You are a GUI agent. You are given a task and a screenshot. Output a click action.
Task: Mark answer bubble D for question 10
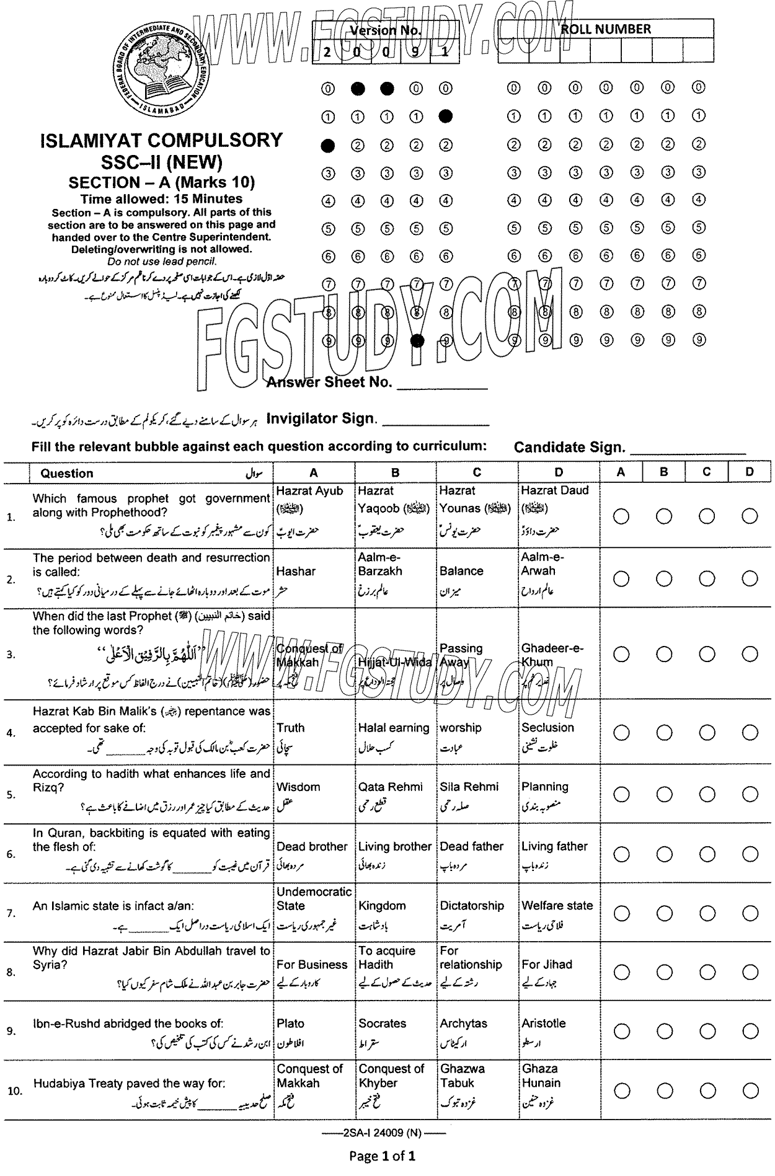pyautogui.click(x=750, y=1090)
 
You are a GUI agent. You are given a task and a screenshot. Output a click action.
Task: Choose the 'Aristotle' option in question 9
pyautogui.click(x=543, y=1023)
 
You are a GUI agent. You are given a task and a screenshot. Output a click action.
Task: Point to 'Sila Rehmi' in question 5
pyautogui.click(x=469, y=787)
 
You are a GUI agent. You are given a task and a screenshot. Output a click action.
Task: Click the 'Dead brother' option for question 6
pyautogui.click(x=312, y=846)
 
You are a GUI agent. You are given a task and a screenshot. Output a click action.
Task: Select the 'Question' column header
pyautogui.click(x=67, y=474)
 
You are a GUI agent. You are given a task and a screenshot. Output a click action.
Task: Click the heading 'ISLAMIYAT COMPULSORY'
pyautogui.click(x=161, y=140)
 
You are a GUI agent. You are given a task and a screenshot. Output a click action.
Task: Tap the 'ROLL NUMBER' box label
pyautogui.click(x=605, y=29)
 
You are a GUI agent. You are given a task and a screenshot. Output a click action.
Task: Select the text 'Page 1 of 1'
pyautogui.click(x=382, y=1156)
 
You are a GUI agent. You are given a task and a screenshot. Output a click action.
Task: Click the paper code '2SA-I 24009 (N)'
pyautogui.click(x=382, y=1133)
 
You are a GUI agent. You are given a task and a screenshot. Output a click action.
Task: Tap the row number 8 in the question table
pyautogui.click(x=11, y=972)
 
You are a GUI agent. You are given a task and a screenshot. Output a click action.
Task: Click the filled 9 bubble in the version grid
pyautogui.click(x=417, y=340)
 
